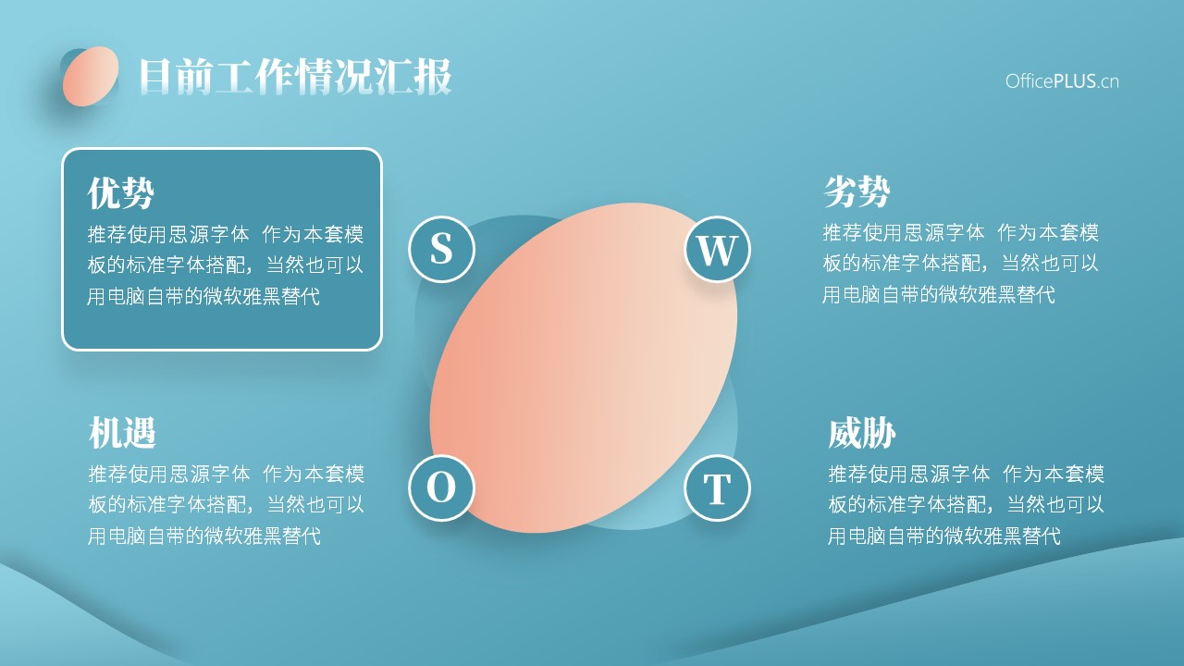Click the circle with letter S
click(441, 249)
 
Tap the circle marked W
click(717, 249)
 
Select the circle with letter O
click(441, 487)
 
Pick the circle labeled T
click(717, 487)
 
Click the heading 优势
click(121, 193)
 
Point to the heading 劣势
click(857, 191)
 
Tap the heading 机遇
click(122, 432)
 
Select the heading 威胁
click(862, 432)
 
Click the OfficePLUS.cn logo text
click(1062, 81)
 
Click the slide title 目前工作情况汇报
click(295, 77)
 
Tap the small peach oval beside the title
click(91, 76)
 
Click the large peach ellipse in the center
click(583, 368)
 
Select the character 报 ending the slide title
click(433, 77)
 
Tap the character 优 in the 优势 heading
click(105, 193)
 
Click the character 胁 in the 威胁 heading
click(879, 432)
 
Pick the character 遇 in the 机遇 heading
click(139, 432)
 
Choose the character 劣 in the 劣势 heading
click(840, 191)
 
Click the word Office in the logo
click(1030, 81)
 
